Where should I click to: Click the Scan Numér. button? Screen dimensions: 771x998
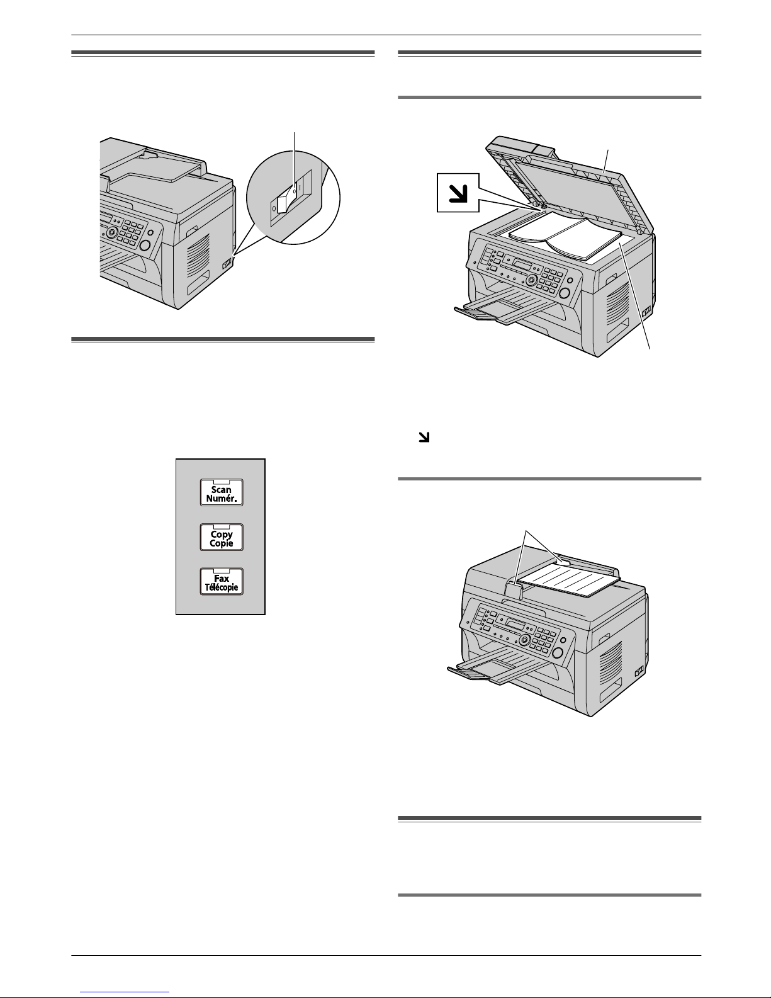click(222, 492)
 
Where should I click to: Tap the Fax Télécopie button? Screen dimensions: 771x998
click(222, 581)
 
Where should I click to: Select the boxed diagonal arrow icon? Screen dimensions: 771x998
click(458, 193)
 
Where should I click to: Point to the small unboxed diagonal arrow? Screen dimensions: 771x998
click(424, 437)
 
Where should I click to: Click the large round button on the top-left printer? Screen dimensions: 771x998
click(145, 246)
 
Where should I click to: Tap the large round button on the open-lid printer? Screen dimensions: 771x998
click(565, 293)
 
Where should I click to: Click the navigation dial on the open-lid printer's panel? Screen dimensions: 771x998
click(531, 280)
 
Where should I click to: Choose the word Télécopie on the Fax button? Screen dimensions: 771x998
click(222, 587)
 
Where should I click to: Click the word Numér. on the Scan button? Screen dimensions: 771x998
click(222, 498)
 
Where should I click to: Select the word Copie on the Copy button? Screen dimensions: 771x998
click(222, 543)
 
